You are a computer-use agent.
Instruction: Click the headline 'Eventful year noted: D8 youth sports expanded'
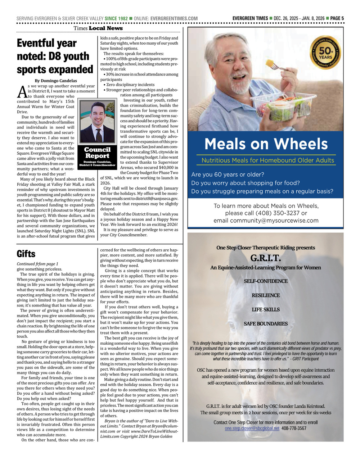(x=55, y=56)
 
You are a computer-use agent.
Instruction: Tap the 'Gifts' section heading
(x=26, y=254)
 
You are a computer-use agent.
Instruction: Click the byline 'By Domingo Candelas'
(x=56, y=81)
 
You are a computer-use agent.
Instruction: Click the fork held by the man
(x=278, y=66)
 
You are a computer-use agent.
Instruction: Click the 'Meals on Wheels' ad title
(x=266, y=144)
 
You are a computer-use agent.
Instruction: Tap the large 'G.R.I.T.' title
(x=266, y=258)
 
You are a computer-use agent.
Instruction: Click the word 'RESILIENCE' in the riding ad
(x=266, y=295)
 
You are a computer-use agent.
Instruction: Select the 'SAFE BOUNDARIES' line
(x=266, y=324)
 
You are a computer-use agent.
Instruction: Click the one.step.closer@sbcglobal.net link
(x=252, y=428)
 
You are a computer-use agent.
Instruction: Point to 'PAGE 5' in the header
(x=337, y=18)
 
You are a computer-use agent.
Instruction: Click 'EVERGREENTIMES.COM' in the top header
(x=174, y=18)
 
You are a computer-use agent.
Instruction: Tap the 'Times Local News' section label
(x=98, y=28)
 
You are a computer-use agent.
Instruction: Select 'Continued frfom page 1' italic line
(x=37, y=264)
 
